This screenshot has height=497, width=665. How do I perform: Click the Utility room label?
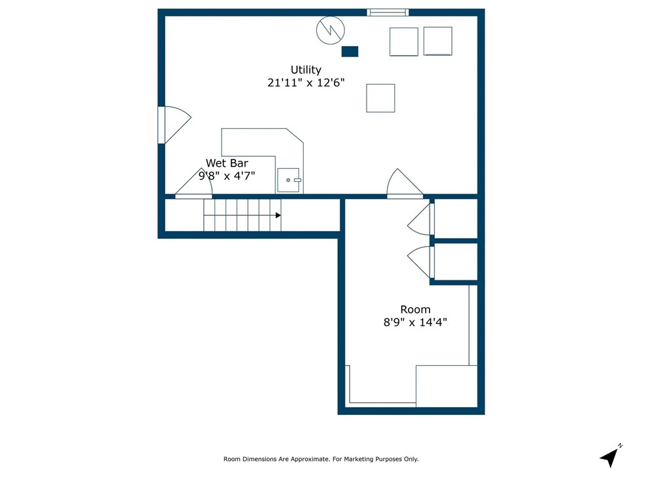pyautogui.click(x=306, y=70)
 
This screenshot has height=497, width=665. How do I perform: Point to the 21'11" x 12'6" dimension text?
pyautogui.click(x=306, y=83)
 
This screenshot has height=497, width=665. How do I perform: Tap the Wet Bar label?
pyautogui.click(x=227, y=163)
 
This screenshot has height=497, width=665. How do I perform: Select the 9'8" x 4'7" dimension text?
pyautogui.click(x=227, y=175)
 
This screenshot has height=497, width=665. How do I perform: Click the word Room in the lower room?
pyautogui.click(x=415, y=309)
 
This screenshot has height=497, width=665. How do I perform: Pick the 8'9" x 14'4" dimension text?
pyautogui.click(x=415, y=322)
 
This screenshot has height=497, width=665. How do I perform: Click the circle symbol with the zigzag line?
pyautogui.click(x=330, y=30)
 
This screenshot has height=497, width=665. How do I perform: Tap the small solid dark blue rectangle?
pyautogui.click(x=350, y=51)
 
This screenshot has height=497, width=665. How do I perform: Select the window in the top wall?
pyautogui.click(x=388, y=12)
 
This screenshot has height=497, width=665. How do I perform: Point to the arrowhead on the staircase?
pyautogui.click(x=278, y=215)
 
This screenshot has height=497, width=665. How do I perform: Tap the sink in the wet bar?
pyautogui.click(x=289, y=180)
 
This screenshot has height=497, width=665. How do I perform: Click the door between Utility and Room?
pyautogui.click(x=403, y=186)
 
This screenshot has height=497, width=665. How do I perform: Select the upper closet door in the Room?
pyautogui.click(x=421, y=220)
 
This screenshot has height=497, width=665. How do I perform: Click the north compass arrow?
pyautogui.click(x=610, y=457)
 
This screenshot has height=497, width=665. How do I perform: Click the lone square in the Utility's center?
pyautogui.click(x=380, y=98)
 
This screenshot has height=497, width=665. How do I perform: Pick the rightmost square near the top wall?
pyautogui.click(x=437, y=41)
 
